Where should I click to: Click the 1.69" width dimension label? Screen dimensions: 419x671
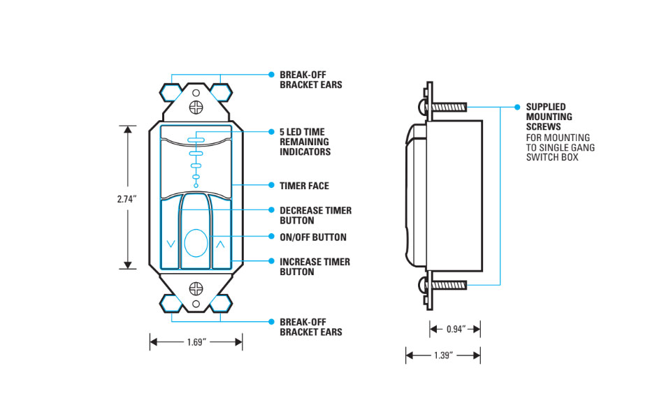[x=196, y=342]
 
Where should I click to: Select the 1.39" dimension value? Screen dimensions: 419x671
[x=443, y=355]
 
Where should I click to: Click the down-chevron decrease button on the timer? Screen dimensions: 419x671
[x=171, y=244]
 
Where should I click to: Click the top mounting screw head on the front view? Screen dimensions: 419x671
[x=196, y=107]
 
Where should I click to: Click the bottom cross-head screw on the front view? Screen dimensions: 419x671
[x=196, y=287]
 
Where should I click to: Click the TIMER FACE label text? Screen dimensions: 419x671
[x=304, y=186]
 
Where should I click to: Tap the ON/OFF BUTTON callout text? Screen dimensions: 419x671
[x=312, y=237]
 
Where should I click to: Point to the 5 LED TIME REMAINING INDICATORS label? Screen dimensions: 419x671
[x=305, y=142]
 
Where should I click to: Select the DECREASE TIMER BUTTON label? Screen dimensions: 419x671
[x=315, y=215]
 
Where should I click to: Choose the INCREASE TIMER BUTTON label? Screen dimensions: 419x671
[x=315, y=267]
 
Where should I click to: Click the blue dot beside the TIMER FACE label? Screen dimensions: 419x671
[x=271, y=186]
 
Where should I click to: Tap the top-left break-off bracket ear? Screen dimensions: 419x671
[x=171, y=91]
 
